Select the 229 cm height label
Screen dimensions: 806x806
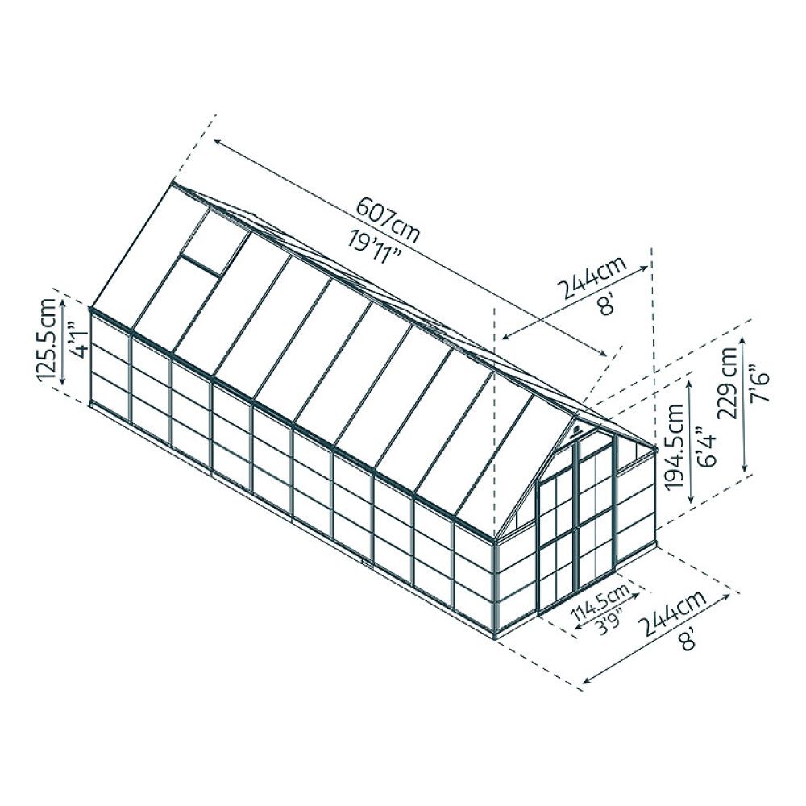(x=730, y=382)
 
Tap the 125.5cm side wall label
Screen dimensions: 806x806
(x=49, y=339)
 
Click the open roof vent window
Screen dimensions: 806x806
(x=211, y=242)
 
